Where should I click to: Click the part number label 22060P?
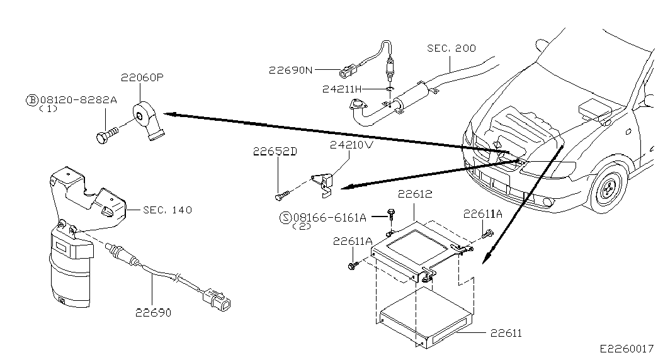pos(142,77)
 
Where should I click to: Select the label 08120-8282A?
pos(79,100)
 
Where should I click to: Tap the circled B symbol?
pos(32,100)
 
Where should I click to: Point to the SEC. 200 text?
pos(451,48)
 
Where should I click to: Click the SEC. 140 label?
pos(167,210)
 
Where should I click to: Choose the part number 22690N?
pos(291,70)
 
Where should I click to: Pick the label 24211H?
pos(341,89)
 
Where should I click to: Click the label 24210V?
pos(351,145)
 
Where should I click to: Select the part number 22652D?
pos(275,151)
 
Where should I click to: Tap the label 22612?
pos(415,194)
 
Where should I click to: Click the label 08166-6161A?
pos(330,217)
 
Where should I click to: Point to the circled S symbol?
pos(285,217)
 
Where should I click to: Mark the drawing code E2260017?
pos(627,349)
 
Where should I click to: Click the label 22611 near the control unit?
pos(506,333)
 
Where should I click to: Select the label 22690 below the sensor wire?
pos(153,313)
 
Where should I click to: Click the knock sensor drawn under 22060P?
pos(149,120)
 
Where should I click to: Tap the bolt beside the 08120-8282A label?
pos(108,135)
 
